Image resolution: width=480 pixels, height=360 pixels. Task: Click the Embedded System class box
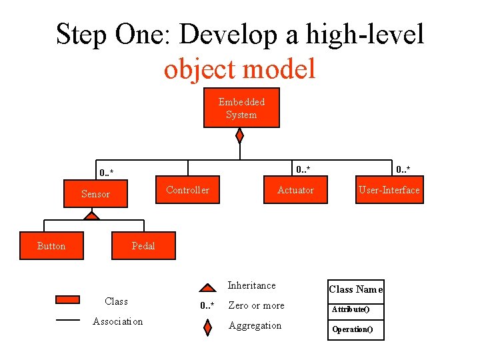241,108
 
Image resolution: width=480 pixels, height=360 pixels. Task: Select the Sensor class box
95,194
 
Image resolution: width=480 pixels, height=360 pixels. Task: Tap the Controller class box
187,190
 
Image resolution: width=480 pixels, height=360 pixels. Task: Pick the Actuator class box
295,190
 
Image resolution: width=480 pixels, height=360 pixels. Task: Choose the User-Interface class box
389,190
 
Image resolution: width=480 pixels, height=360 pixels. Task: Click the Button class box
51,246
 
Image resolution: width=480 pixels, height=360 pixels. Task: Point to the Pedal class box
143,246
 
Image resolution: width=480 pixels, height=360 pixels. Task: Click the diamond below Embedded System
240,135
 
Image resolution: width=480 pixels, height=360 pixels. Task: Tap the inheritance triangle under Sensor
92,216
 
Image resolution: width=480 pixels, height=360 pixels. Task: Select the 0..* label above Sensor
106,173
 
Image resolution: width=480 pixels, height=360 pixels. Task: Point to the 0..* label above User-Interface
403,168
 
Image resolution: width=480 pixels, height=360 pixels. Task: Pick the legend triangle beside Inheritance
208,289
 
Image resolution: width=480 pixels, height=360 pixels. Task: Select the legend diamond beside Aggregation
208,327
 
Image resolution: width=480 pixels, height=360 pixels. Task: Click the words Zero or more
256,305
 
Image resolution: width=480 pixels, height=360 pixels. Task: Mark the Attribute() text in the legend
351,309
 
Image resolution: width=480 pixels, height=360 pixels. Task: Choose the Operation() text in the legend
352,329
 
